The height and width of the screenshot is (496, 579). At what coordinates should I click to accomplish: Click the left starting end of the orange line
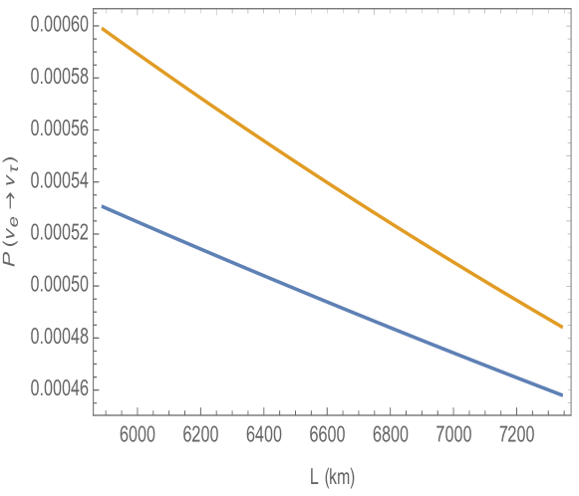(x=102, y=28)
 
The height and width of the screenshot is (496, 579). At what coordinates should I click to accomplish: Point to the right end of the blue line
(x=562, y=395)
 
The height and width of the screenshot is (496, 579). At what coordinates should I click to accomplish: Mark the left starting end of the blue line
(x=102, y=206)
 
